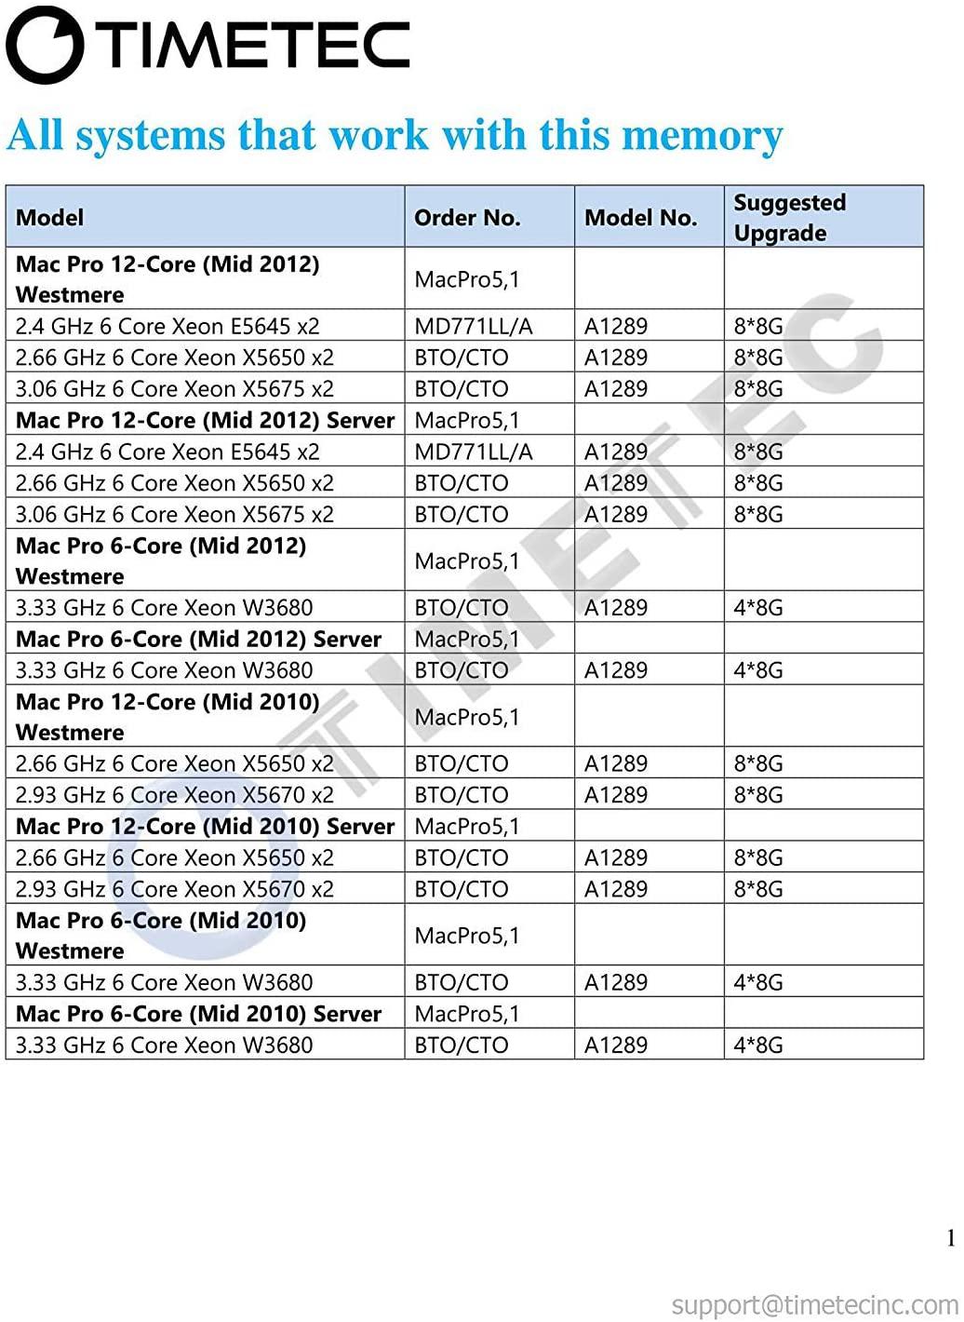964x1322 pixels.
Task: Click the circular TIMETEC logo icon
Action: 45,45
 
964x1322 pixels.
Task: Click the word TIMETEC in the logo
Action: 254,45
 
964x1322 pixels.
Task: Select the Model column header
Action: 49,218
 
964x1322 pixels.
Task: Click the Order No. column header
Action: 466,218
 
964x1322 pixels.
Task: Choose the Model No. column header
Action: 640,218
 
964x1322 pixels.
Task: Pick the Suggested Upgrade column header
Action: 789,218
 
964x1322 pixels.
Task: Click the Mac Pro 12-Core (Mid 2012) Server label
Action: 205,421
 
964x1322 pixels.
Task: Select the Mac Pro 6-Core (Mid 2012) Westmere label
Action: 161,560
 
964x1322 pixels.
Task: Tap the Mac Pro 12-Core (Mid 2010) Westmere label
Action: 167,717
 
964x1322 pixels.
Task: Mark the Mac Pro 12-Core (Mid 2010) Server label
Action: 205,827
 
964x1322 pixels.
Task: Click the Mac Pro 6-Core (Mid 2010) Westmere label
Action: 161,935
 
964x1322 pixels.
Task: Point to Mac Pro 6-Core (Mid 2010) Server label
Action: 198,1014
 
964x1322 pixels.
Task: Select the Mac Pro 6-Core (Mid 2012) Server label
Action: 198,640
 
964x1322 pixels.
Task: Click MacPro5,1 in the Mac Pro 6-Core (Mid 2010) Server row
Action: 466,1014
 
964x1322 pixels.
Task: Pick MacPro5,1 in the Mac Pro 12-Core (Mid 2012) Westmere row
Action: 466,279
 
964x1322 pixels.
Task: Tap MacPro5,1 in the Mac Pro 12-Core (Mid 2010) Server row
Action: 466,827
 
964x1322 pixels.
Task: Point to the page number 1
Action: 951,1238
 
